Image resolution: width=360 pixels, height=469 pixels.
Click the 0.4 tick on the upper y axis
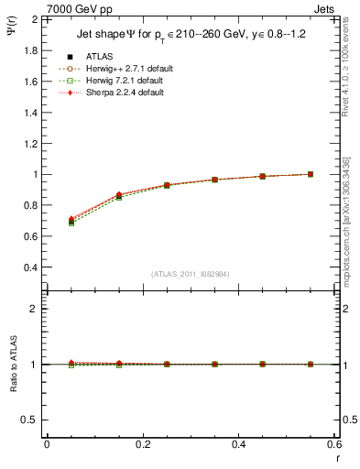(30, 267)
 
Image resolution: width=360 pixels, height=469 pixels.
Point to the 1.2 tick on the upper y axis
(30, 143)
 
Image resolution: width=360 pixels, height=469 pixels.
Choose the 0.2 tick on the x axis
(142, 444)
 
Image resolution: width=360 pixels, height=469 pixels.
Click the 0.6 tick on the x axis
(333, 444)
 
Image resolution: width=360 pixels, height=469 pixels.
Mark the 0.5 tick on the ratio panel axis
(30, 420)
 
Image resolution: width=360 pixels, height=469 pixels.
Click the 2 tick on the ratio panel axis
(33, 309)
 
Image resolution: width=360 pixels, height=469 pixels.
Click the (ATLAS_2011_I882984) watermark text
(190, 274)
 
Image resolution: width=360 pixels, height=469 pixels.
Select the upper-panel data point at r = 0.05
(71, 221)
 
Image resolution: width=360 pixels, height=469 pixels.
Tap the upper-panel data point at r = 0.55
(311, 174)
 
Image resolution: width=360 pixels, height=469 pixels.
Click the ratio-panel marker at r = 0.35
(214, 364)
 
